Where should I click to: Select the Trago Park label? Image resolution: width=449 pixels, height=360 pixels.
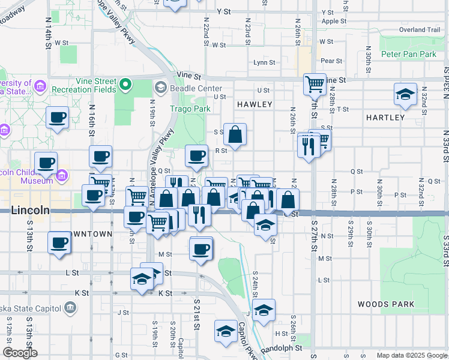coord(190,109)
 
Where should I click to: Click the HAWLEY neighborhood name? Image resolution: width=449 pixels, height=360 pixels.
coord(255,104)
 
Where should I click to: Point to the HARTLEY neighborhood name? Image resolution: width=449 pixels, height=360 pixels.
coord(385,118)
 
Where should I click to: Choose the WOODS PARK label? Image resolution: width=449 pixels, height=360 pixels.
coord(385,304)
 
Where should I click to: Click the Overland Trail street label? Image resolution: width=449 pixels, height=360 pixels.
coord(420,29)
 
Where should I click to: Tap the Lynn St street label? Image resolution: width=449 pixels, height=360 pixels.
coord(264,62)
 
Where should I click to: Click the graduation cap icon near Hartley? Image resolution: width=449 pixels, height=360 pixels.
coord(406,95)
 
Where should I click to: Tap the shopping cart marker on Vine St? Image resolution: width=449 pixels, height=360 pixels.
coord(315,85)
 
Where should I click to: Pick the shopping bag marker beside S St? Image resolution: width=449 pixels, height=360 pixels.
coord(235,134)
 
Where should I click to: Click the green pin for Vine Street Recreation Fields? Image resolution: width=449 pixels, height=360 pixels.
coord(126,85)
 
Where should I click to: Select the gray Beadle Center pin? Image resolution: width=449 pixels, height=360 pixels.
coord(160,88)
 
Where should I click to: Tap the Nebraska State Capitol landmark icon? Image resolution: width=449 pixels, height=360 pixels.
coord(70,308)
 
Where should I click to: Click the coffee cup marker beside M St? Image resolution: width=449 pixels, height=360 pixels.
coord(201,248)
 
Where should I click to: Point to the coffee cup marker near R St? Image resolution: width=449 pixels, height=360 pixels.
coord(196,156)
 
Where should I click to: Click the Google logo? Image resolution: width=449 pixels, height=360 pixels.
coord(20,353)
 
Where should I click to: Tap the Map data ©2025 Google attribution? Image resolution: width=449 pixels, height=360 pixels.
coord(411,355)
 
